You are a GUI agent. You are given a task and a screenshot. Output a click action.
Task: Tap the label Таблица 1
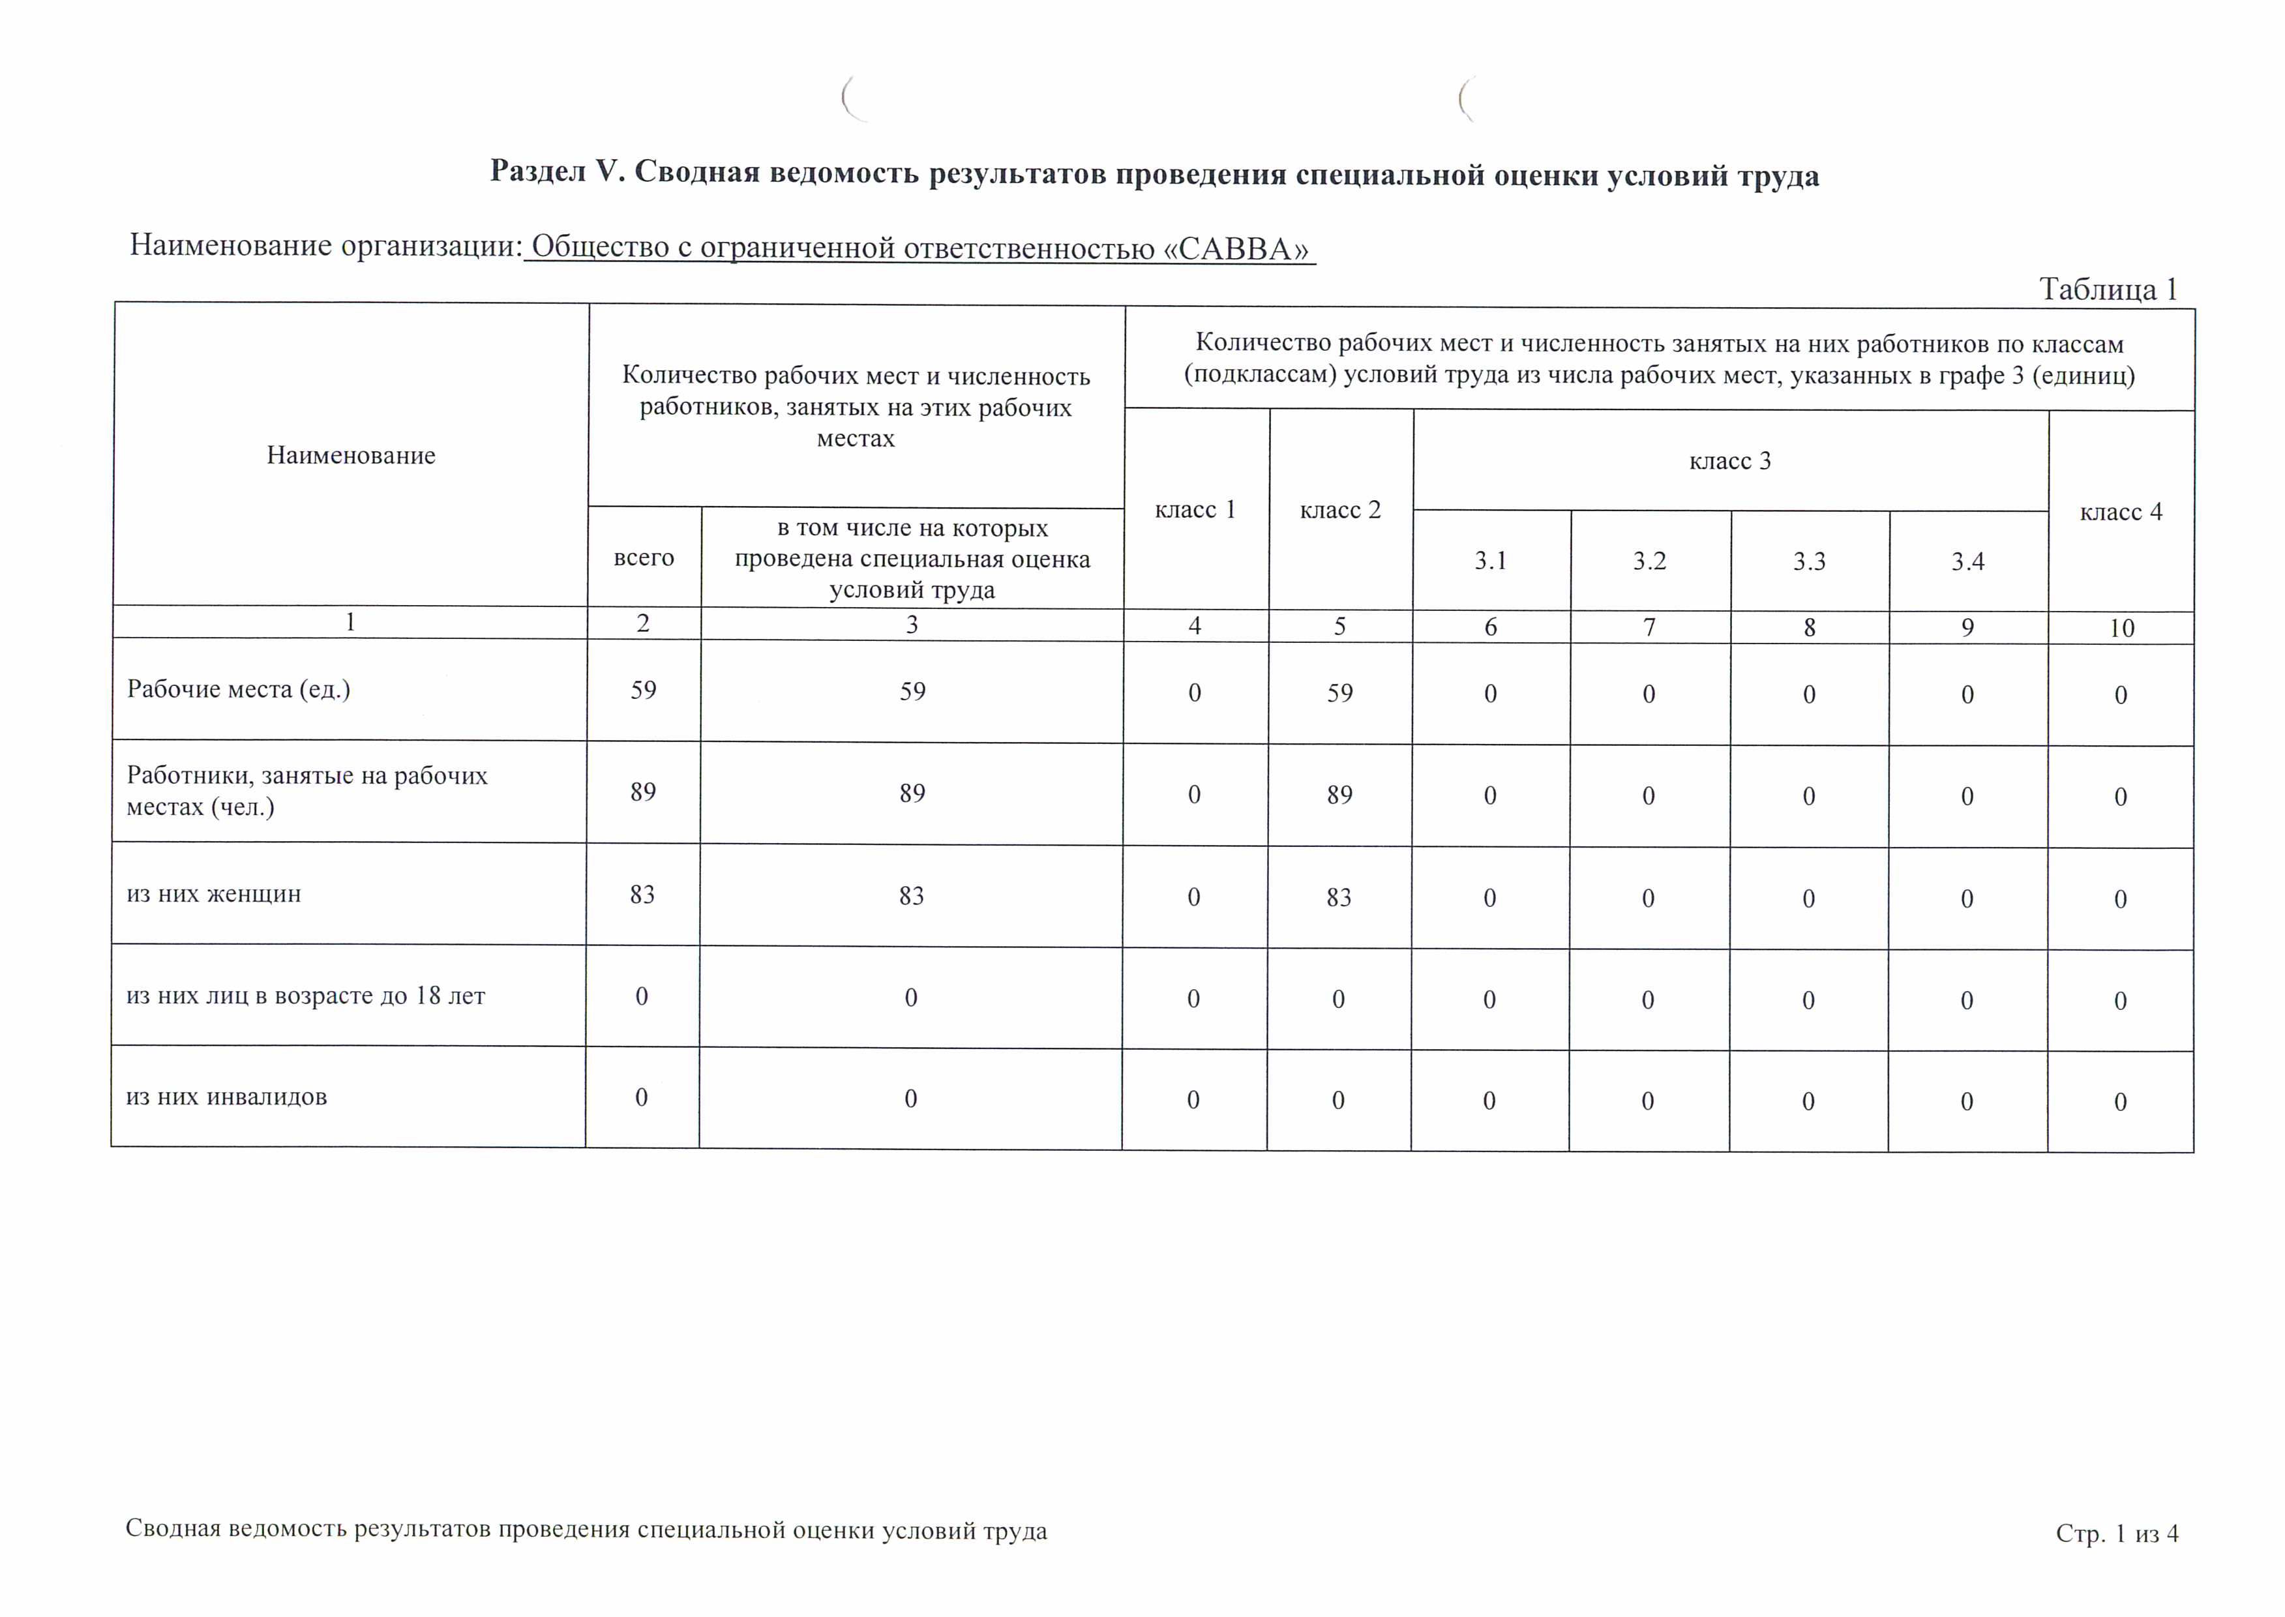click(2108, 289)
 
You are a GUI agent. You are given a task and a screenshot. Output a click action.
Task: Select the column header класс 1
click(1195, 510)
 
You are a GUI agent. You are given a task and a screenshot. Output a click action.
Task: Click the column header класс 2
click(1340, 510)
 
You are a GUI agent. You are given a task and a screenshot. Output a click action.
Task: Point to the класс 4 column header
click(2121, 512)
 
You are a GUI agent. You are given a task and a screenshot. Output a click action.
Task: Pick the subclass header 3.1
click(1491, 561)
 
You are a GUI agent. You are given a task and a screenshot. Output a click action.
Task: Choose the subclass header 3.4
click(1967, 561)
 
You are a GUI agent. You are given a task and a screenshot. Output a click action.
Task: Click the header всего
click(643, 557)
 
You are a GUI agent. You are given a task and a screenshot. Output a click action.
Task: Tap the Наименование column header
click(350, 455)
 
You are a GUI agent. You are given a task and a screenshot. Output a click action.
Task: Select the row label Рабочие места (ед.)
click(239, 689)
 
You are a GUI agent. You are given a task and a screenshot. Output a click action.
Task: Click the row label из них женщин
click(213, 894)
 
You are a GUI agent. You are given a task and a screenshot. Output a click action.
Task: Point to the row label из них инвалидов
click(226, 1097)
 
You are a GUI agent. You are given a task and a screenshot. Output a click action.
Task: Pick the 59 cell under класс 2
click(1339, 693)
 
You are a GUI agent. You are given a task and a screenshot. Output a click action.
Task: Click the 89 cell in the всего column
click(642, 793)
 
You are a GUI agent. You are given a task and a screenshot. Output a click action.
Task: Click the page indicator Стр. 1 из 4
click(2117, 1534)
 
